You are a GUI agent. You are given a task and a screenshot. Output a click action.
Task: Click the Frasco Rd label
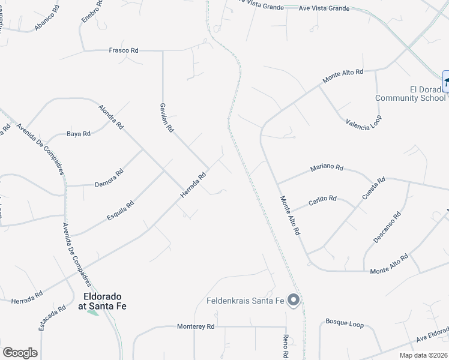pyautogui.click(x=123, y=50)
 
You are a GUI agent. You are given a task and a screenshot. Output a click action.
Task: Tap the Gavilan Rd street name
pyautogui.click(x=166, y=117)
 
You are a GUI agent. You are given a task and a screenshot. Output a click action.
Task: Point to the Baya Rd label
pyautogui.click(x=78, y=133)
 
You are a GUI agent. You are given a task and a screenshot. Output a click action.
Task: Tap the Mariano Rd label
pyautogui.click(x=327, y=168)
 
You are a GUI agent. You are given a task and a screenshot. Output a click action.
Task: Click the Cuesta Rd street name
pyautogui.click(x=373, y=188)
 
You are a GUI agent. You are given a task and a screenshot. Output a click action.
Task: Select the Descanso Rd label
pyautogui.click(x=387, y=227)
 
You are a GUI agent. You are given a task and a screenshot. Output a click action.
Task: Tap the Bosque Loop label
pyautogui.click(x=345, y=325)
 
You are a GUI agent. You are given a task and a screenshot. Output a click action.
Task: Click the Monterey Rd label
pyautogui.click(x=196, y=326)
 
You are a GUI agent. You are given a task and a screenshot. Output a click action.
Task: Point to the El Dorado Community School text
pyautogui.click(x=415, y=94)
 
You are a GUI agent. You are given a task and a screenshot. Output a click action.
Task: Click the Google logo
pyautogui.click(x=20, y=353)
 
